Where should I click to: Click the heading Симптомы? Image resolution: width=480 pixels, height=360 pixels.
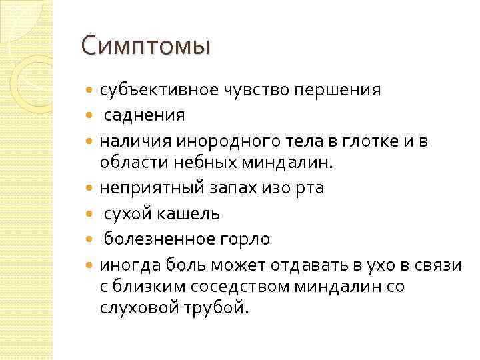click(x=145, y=47)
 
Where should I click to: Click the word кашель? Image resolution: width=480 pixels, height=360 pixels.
click(x=195, y=214)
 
